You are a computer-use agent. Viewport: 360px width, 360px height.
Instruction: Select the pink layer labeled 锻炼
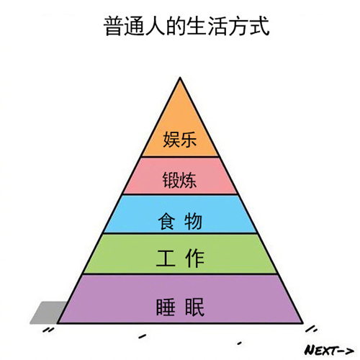coord(180,176)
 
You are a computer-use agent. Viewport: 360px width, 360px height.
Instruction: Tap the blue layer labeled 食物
coord(180,216)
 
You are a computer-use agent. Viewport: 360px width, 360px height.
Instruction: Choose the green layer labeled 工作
coord(180,256)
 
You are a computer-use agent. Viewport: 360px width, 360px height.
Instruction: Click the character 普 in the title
coord(112,28)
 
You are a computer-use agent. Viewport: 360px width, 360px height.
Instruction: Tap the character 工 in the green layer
coord(165,258)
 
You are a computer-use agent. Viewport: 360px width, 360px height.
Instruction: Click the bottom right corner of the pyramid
coord(303,322)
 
